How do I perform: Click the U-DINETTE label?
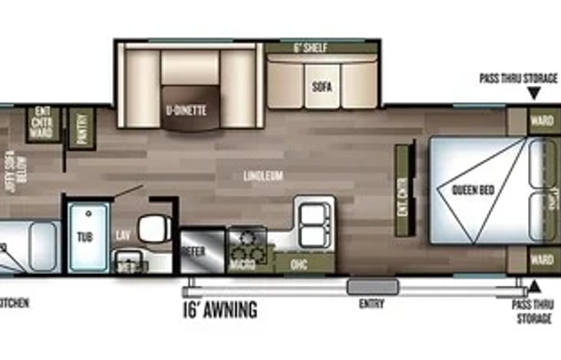point(186,110)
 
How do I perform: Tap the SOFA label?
point(322,87)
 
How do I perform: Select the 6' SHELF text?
point(311,48)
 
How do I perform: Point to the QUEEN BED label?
point(471,190)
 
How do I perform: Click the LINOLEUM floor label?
point(263,176)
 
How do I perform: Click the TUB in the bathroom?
point(86,237)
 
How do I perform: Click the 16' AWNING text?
point(219,311)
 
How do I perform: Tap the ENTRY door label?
point(371,303)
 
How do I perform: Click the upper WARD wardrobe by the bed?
point(542,121)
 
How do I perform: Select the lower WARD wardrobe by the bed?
point(542,259)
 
